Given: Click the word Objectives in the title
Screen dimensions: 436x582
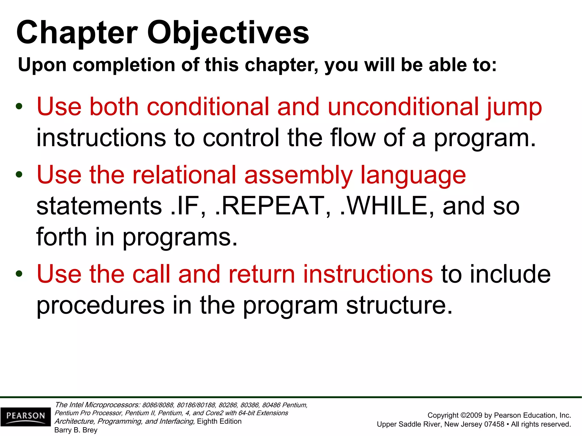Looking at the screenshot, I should click(228, 33).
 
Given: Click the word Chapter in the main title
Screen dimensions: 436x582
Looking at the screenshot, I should click(77, 33).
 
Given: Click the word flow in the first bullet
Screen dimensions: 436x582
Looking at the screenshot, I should click(353, 138).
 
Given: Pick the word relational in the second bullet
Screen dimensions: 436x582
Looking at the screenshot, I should click(184, 175).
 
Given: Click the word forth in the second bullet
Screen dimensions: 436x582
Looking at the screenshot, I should click(61, 237).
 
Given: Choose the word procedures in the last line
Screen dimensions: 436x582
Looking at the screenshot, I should click(101, 305).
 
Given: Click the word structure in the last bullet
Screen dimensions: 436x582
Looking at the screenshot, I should click(399, 305).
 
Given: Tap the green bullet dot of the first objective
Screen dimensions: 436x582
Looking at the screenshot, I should click(19, 107).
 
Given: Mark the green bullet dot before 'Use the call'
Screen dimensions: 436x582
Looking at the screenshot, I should click(19, 274).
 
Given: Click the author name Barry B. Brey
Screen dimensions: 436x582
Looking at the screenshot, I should click(76, 430).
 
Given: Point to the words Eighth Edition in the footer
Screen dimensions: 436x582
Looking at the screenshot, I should click(219, 421).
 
